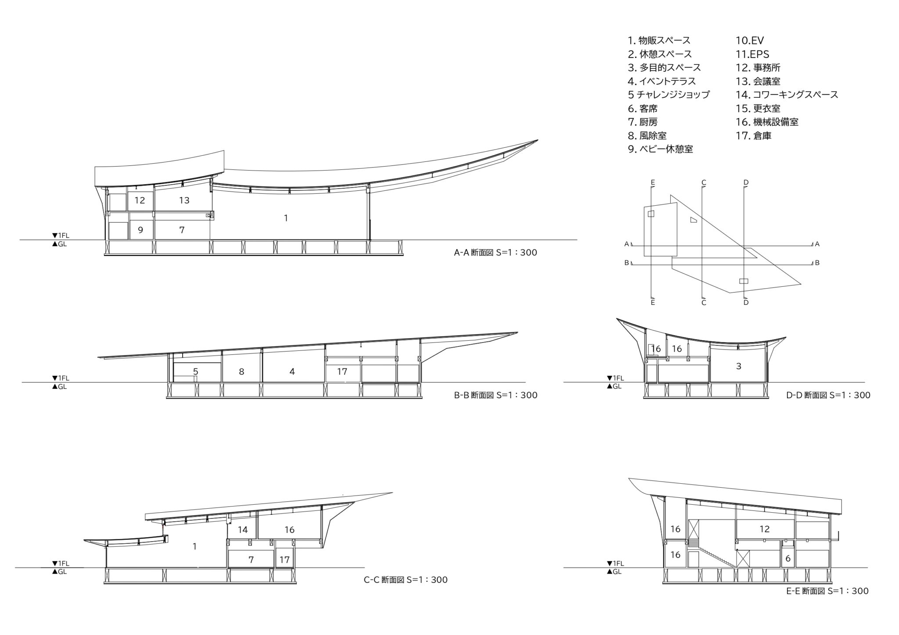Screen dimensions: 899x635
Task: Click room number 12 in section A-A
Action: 140,200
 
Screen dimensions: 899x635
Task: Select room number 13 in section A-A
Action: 184,200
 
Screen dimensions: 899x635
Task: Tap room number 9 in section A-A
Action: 140,230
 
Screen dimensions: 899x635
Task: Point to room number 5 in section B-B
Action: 196,372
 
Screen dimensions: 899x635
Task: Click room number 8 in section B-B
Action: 241,372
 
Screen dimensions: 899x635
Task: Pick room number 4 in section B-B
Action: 292,372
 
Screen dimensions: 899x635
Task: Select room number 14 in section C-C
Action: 243,530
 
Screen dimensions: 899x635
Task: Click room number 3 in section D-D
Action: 738,366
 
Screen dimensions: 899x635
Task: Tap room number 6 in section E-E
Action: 788,559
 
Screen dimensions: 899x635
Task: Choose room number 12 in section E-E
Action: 764,529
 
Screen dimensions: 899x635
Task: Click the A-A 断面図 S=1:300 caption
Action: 496,253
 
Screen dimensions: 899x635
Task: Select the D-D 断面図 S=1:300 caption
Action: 828,395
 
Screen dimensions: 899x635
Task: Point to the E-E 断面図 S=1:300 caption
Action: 827,591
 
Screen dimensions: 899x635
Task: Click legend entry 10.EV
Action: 750,41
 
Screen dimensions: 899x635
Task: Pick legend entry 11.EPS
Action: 752,54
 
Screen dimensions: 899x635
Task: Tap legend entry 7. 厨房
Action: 643,122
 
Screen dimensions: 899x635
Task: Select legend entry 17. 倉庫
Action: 754,136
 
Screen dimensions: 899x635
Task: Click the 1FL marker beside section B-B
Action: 61,378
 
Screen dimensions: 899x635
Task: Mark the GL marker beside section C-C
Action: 60,572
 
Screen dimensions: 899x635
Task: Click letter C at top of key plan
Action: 704,182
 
